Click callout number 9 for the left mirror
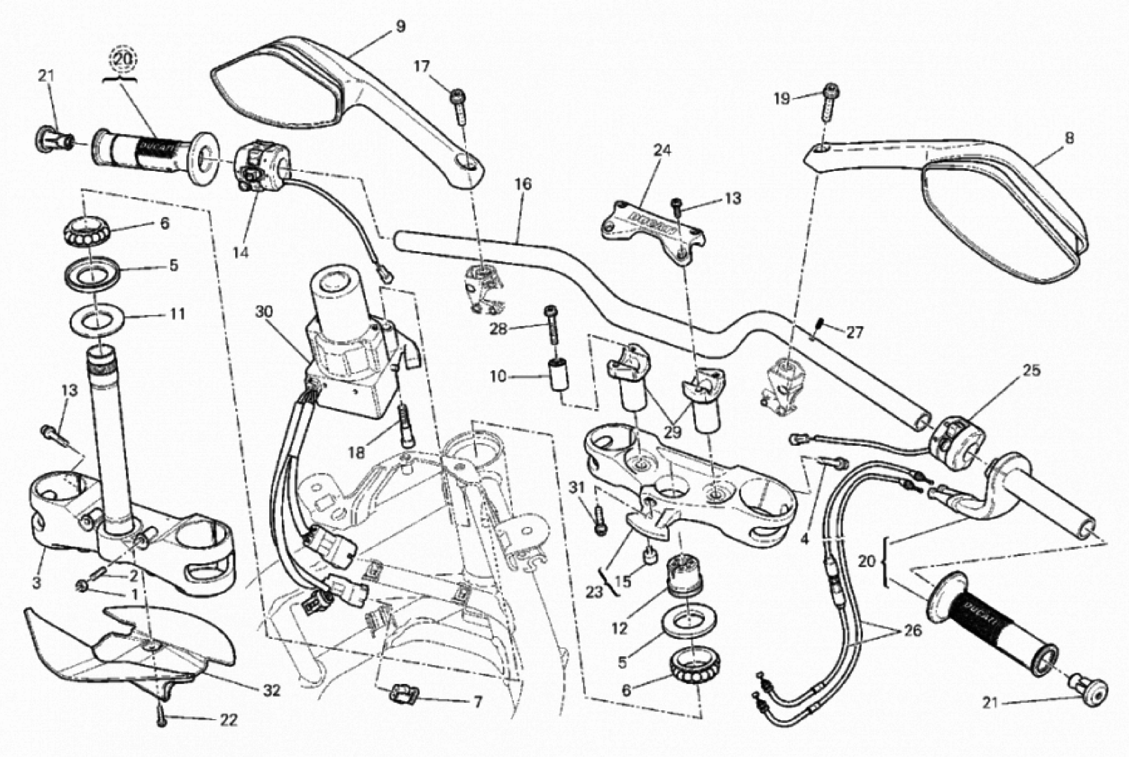400,27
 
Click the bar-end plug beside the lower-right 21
1089,693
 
